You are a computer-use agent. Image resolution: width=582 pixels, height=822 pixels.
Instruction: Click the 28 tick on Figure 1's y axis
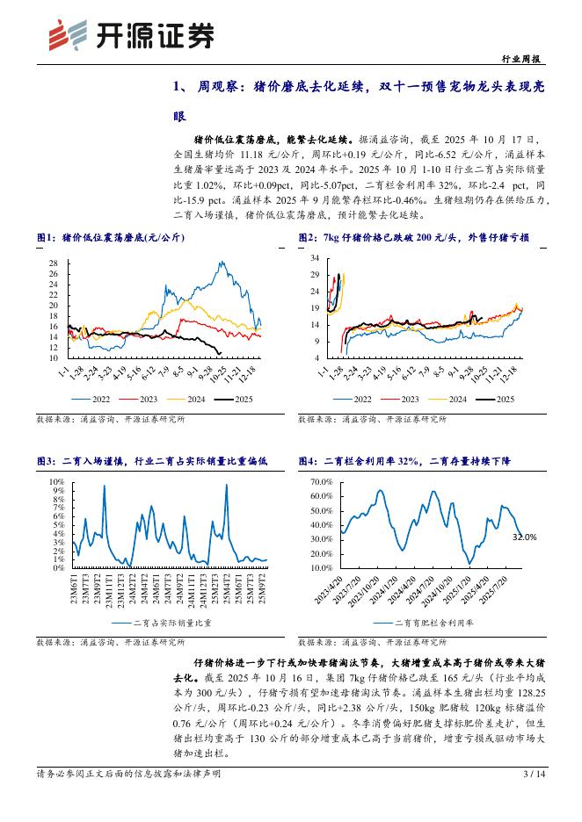(52, 263)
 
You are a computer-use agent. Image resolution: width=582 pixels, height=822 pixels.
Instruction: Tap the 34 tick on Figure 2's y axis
(314, 258)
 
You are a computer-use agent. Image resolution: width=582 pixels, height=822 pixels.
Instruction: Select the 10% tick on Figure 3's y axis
(56, 482)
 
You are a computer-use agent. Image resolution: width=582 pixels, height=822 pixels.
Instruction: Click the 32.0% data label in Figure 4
(524, 536)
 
